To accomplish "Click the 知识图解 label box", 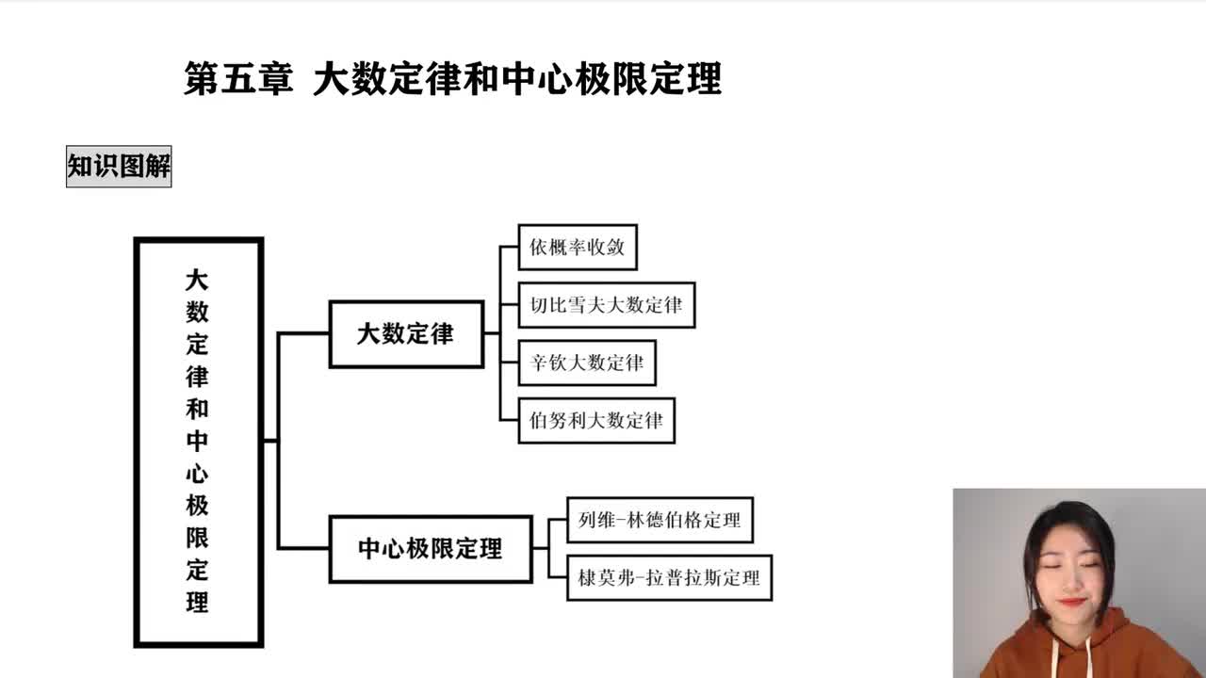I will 119,167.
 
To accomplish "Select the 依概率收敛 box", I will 578,248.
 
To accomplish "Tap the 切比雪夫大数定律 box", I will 606,305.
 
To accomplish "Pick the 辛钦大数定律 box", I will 586,363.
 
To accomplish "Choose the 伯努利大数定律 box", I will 596,420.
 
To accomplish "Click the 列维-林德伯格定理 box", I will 660,520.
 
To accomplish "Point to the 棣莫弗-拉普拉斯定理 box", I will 669,577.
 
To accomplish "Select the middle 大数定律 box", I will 405,333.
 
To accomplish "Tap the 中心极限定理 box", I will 430,549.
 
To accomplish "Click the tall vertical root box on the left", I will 198,442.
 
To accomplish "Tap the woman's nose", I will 1069,578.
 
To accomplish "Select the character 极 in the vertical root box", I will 197,506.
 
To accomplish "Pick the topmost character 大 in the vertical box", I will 197,280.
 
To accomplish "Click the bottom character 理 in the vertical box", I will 197,603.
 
